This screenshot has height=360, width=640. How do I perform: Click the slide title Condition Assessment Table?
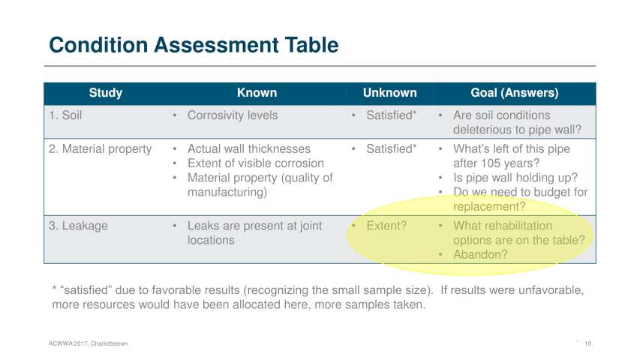coord(194,45)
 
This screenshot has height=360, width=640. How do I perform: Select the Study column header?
coord(106,93)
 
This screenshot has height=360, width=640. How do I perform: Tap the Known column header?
coord(257,93)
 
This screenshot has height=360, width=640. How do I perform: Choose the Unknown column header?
coord(390,93)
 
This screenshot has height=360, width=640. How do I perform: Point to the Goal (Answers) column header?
coord(514,93)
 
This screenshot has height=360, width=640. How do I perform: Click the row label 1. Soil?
coord(65,115)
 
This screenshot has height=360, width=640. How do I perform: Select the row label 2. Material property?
coord(101,149)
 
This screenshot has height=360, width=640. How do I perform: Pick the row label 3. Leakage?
coord(78,226)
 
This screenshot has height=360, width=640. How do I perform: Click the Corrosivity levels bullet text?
coord(233,115)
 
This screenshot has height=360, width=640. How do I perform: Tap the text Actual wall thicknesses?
coord(249,149)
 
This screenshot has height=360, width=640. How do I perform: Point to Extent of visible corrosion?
coord(256,163)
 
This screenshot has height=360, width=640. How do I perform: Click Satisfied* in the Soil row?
coord(391,115)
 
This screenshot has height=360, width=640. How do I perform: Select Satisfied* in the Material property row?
coord(391,149)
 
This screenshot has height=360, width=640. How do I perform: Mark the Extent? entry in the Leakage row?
coord(386,226)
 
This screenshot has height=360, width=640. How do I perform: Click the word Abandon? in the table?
coord(480,255)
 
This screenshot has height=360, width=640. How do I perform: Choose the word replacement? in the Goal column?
coord(489,207)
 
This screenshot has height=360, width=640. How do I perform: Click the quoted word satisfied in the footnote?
coord(86,290)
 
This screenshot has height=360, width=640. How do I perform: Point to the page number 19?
coord(587,343)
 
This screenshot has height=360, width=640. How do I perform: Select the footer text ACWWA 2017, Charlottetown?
coord(89,343)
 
